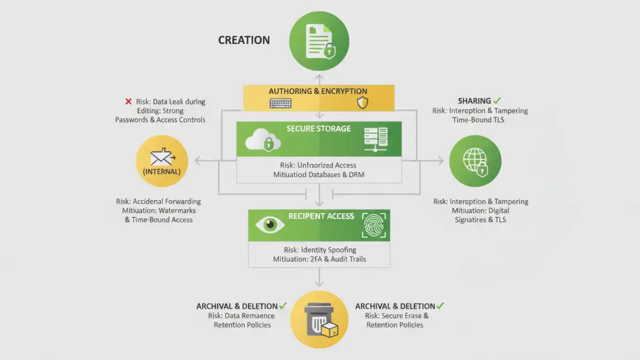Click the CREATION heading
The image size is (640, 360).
pos(244,40)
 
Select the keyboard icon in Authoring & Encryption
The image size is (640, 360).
pos(281,103)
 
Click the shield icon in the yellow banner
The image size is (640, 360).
pos(363,103)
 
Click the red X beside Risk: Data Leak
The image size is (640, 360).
pos(128,101)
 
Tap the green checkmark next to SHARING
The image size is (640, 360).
pos(498,100)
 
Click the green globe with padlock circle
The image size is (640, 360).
pos(475,161)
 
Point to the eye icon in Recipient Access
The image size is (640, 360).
pos(270,225)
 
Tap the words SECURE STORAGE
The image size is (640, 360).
pos(318,129)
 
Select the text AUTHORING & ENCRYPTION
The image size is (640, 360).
pos(318,91)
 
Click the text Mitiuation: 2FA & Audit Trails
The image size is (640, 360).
pos(319,259)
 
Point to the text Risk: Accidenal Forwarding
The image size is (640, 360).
pos(158,202)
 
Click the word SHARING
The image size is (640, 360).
pos(474,101)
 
